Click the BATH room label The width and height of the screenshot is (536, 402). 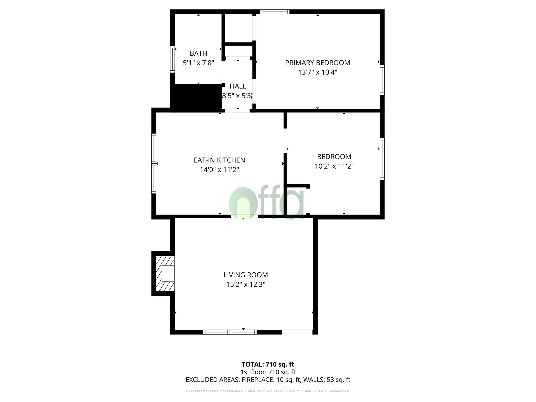point(198,53)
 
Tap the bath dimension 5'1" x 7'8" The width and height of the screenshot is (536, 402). point(198,63)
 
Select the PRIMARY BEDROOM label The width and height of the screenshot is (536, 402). point(317,63)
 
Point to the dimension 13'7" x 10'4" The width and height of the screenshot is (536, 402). point(317,73)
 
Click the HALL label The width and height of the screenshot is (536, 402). point(238,86)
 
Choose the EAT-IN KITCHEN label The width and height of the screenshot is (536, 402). point(219,160)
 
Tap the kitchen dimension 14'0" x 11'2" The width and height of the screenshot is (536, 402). point(219,170)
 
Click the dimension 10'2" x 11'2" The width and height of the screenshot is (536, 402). point(334,166)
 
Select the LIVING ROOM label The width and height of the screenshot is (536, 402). point(246,275)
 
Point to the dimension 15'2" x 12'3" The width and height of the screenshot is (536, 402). point(246,284)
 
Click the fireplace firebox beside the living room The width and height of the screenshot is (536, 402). point(168,273)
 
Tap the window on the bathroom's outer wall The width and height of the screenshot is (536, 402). point(173,59)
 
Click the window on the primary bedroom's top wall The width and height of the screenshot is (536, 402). point(274,12)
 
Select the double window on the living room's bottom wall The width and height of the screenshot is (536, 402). point(229,332)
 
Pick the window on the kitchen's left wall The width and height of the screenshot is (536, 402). point(154,164)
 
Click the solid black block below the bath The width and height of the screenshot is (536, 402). point(196,97)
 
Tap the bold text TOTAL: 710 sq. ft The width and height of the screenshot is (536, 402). point(268,364)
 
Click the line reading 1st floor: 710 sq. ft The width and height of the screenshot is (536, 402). point(268,372)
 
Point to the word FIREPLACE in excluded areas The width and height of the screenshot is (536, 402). point(257,380)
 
